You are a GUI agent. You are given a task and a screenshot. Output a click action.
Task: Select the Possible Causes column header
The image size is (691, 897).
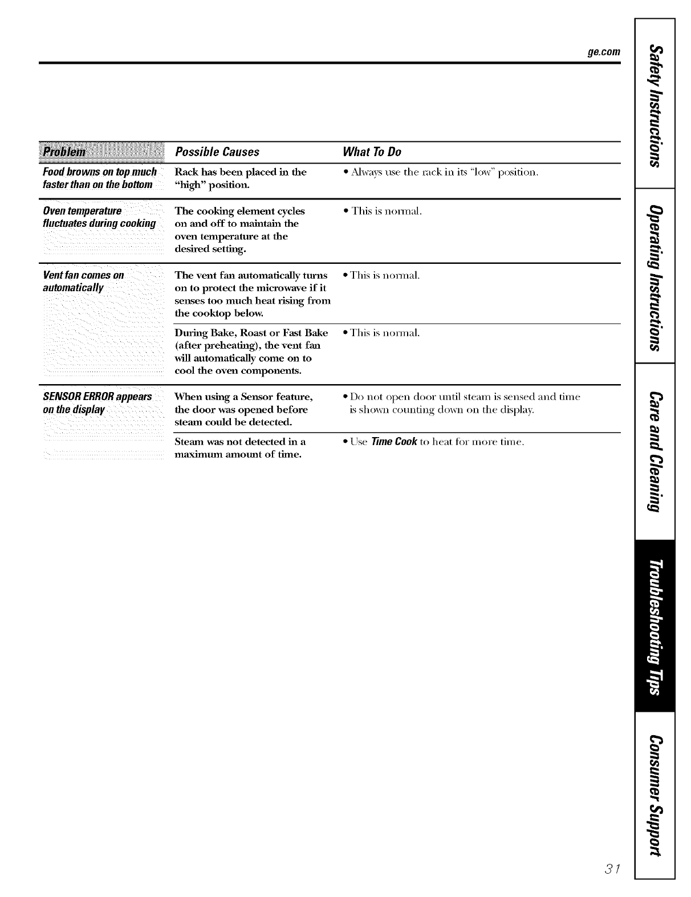217,152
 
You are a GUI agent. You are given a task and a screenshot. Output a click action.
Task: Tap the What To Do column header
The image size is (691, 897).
371,152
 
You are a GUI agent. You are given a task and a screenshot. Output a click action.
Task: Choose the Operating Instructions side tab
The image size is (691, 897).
655,275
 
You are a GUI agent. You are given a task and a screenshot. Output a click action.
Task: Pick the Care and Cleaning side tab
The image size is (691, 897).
655,450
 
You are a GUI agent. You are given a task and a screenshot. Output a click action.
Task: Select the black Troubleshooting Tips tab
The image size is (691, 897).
655,625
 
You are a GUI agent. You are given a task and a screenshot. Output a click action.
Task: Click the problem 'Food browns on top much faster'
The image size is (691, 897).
99,178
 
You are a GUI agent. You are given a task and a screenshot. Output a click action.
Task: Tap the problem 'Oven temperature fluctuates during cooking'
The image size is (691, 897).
99,217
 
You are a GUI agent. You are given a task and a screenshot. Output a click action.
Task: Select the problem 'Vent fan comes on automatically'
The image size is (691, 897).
83,282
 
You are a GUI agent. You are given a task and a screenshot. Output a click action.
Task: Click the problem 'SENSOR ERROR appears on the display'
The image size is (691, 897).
97,403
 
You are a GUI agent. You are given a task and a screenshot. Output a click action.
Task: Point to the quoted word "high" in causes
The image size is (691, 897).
188,185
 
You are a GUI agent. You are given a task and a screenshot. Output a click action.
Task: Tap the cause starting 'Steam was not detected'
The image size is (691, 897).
239,448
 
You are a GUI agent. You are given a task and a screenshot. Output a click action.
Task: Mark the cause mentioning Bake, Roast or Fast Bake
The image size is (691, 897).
251,352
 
